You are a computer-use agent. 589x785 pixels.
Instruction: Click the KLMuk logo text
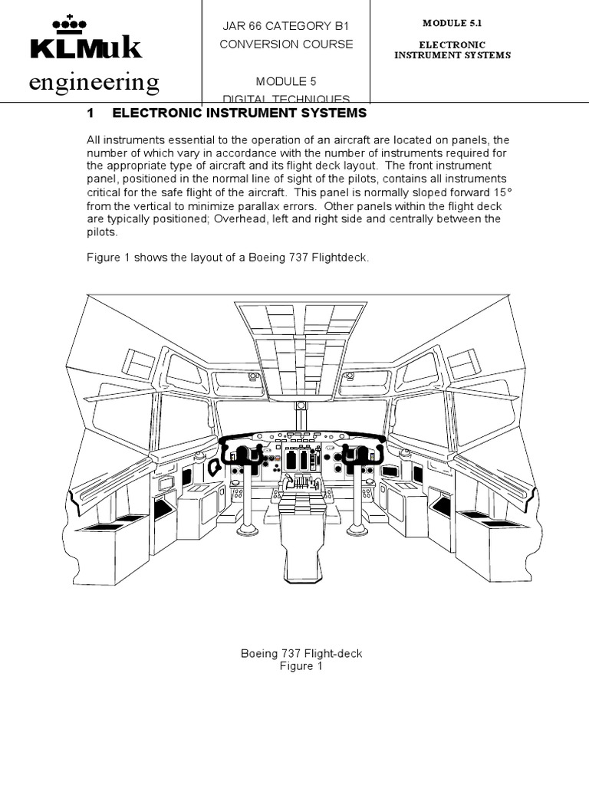coord(86,48)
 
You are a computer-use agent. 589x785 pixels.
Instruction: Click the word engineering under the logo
coord(94,82)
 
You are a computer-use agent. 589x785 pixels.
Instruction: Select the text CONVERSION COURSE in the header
coord(286,44)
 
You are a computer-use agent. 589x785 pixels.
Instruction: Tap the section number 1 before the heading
coord(90,113)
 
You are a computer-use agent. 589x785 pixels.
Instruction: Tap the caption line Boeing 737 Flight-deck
coord(301,653)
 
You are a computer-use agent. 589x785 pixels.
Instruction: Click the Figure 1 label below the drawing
coord(301,666)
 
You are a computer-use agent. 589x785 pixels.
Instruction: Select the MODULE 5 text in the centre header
coord(286,81)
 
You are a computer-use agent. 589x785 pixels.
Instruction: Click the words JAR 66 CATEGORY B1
coord(286,26)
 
